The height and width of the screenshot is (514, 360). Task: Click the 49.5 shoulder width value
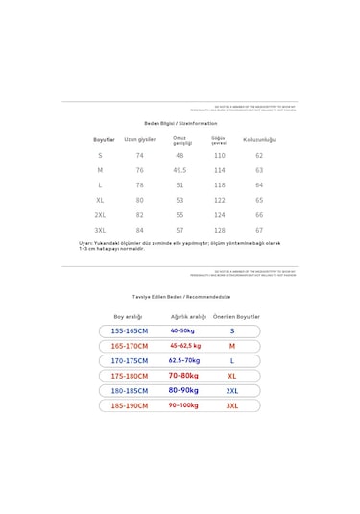pyautogui.click(x=180, y=170)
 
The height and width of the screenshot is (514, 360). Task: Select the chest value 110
pyautogui.click(x=219, y=155)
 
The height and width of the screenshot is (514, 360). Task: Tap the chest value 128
pyautogui.click(x=219, y=231)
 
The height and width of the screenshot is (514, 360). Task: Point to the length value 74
pyautogui.click(x=139, y=155)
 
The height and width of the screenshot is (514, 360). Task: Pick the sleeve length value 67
pyautogui.click(x=259, y=231)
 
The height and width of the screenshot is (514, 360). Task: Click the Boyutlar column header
pyautogui.click(x=104, y=139)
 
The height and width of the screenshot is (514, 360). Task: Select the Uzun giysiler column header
pyautogui.click(x=139, y=139)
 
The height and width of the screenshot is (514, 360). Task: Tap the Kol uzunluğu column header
pyautogui.click(x=259, y=139)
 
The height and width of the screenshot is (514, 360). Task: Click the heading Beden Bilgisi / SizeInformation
pyautogui.click(x=180, y=123)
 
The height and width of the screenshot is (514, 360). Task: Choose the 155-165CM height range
pyautogui.click(x=130, y=330)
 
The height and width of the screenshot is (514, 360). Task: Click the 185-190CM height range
pyautogui.click(x=130, y=405)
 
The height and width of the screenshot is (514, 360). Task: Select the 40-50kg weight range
pyautogui.click(x=182, y=330)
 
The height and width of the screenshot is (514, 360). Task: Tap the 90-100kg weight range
pyautogui.click(x=183, y=405)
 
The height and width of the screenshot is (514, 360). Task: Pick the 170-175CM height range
pyautogui.click(x=130, y=360)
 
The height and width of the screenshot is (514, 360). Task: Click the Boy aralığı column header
pyautogui.click(x=128, y=316)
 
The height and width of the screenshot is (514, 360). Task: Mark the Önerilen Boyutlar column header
pyautogui.click(x=236, y=316)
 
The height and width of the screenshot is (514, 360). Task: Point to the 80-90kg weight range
pyautogui.click(x=183, y=390)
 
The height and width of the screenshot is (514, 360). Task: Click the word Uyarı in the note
pyautogui.click(x=86, y=243)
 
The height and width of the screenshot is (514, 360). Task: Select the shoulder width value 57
pyautogui.click(x=180, y=231)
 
